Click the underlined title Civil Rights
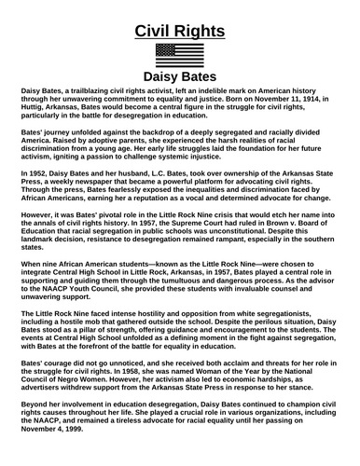click(x=180, y=30)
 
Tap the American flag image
click(x=180, y=53)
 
